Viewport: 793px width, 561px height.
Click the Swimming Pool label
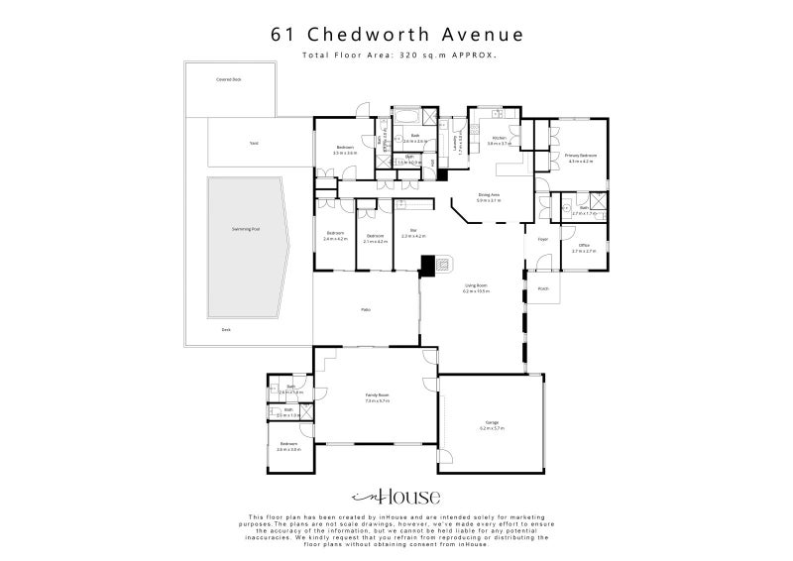click(246, 229)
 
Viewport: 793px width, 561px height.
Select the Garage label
click(492, 423)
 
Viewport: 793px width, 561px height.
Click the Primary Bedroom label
click(580, 156)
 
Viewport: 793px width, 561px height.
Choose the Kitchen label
click(499, 139)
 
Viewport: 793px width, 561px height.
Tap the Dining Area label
click(489, 194)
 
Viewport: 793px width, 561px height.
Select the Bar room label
click(413, 231)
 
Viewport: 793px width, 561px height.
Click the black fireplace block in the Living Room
click(427, 265)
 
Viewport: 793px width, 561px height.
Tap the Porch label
click(543, 288)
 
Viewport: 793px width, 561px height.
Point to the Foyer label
click(543, 240)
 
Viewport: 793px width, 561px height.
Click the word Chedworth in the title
click(376, 34)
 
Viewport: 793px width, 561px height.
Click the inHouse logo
click(396, 497)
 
